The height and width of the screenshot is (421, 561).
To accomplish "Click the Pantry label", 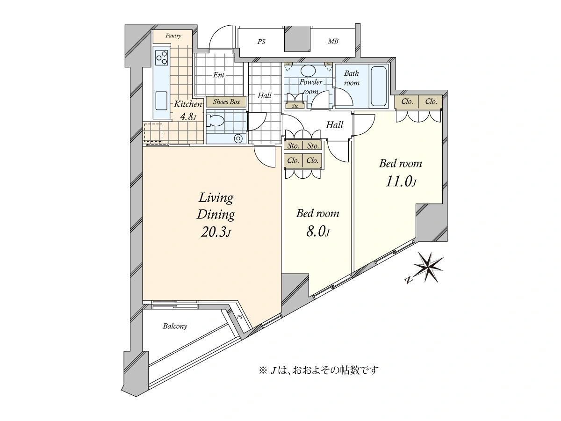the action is (x=173, y=36).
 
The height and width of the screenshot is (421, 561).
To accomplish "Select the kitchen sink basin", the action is (x=162, y=101).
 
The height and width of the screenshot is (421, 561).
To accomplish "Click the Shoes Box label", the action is (x=226, y=102).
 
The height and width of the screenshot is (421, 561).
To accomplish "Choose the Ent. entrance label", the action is (x=219, y=75).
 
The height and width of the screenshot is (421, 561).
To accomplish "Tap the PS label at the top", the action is (x=261, y=42).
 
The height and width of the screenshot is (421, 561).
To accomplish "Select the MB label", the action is (x=333, y=41).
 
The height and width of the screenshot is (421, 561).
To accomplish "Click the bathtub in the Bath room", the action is (x=379, y=86).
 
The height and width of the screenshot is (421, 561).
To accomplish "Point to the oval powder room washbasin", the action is (x=308, y=70).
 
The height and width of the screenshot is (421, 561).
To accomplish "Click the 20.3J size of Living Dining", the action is (x=216, y=232).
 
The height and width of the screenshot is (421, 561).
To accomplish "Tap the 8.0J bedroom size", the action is (x=317, y=232).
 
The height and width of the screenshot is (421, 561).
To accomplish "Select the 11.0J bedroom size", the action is (x=401, y=182).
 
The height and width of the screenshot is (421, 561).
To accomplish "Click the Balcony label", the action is (x=175, y=326).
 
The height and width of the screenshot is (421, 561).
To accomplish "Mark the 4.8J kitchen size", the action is (x=188, y=117).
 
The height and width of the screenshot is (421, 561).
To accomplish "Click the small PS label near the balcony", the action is (x=239, y=318).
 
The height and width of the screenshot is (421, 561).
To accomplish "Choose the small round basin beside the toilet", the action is (x=238, y=139).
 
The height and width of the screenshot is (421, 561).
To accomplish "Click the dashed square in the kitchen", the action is (x=153, y=132).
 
